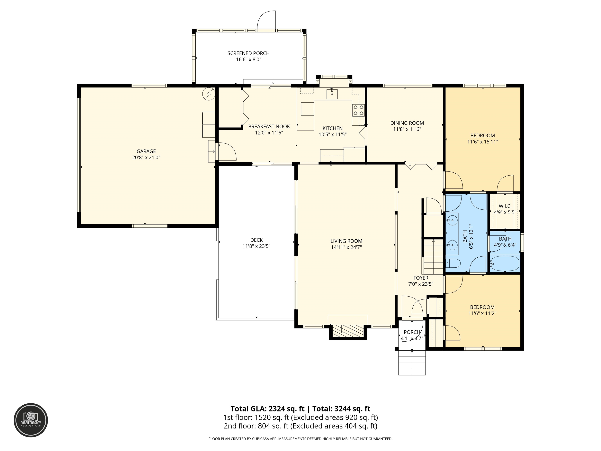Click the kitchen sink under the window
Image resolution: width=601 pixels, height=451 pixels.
tap(332, 94)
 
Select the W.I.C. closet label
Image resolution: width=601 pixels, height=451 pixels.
tap(505, 206)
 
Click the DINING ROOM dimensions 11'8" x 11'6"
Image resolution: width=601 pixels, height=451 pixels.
tap(407, 129)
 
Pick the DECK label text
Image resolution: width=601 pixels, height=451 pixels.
tap(256, 240)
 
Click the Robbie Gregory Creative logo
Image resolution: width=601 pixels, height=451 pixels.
tap(31, 420)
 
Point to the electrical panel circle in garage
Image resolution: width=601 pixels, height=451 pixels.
tap(209, 94)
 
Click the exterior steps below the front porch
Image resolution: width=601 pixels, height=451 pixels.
tap(412, 363)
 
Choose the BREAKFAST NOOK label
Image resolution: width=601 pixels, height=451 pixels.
tap(269, 127)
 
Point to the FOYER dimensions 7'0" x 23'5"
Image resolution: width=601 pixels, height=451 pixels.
tap(421, 284)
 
